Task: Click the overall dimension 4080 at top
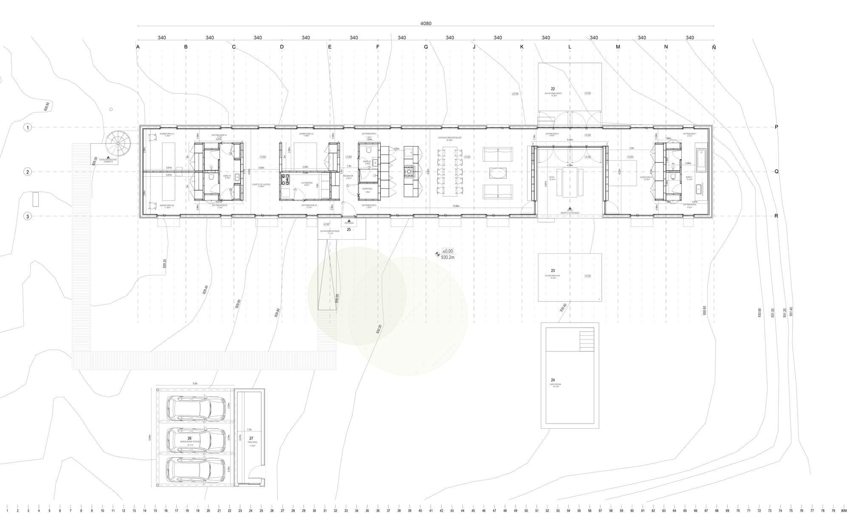(426, 24)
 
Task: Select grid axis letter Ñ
(714, 47)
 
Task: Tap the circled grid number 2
(28, 172)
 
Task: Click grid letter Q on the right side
(776, 172)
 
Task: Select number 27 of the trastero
(251, 438)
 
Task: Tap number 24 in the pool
(553, 380)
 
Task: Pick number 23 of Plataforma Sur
(553, 271)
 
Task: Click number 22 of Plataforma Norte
(553, 89)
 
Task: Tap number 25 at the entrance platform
(349, 229)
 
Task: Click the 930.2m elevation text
(448, 257)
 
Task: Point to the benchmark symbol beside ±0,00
(438, 254)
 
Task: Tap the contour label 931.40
(791, 312)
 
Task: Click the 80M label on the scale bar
(844, 510)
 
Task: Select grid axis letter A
(138, 47)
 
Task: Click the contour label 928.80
(47, 106)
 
